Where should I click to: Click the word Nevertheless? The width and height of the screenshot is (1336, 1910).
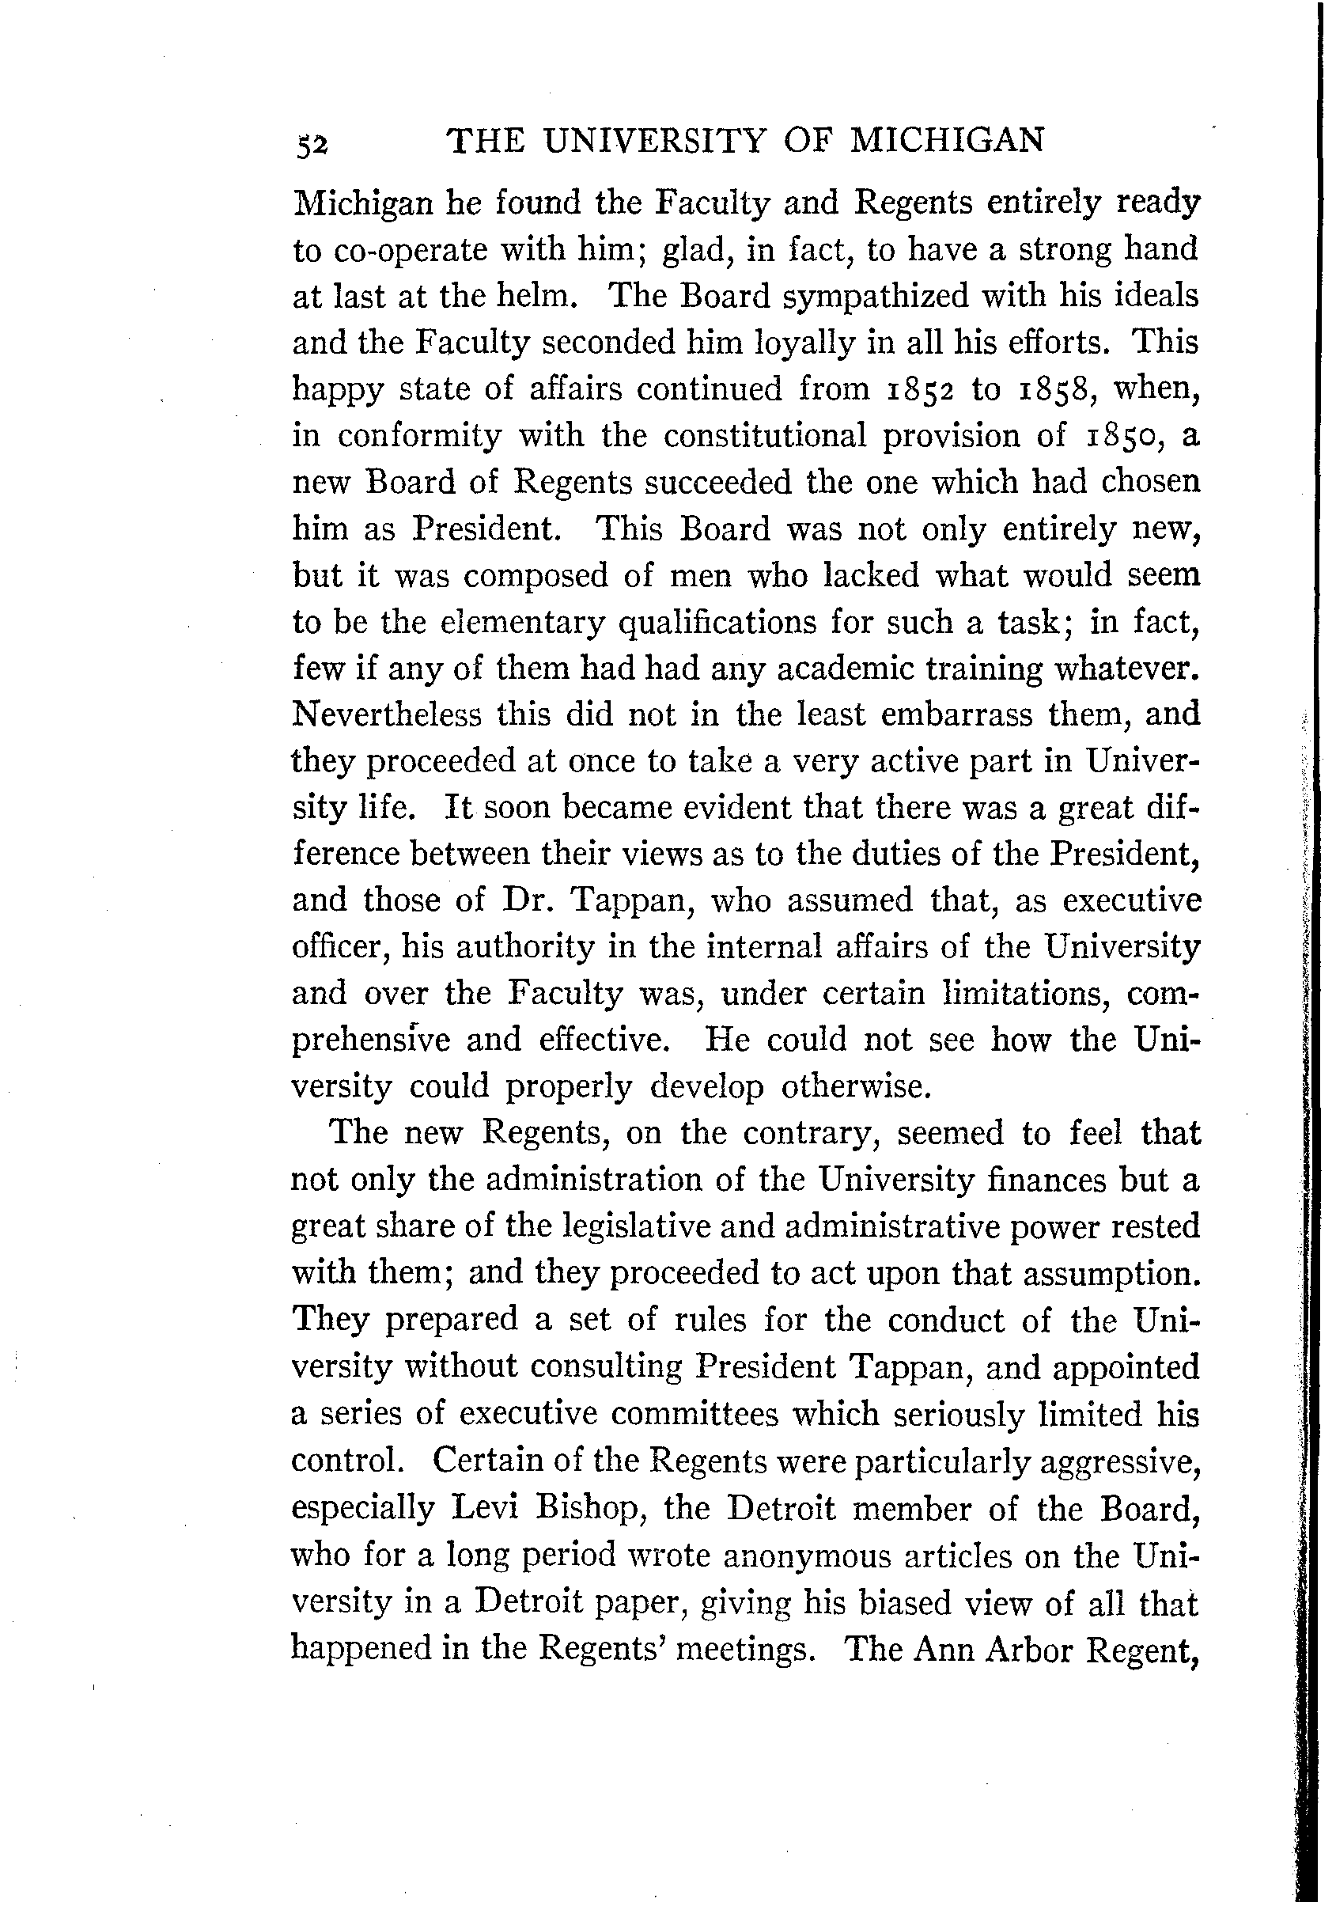pyautogui.click(x=388, y=714)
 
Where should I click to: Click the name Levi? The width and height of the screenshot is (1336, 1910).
pyautogui.click(x=485, y=1508)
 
